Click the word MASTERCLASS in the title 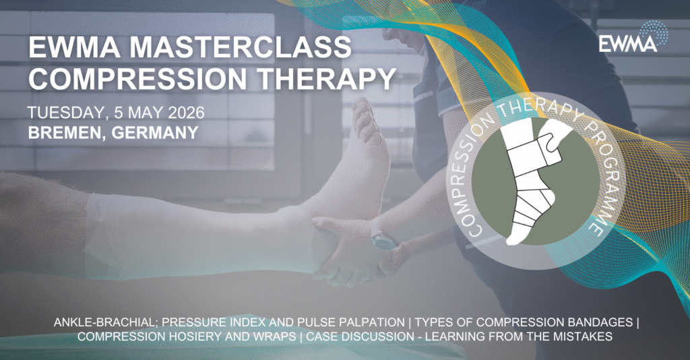click(x=241, y=47)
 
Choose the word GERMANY click(x=155, y=132)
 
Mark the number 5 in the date click(x=119, y=113)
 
